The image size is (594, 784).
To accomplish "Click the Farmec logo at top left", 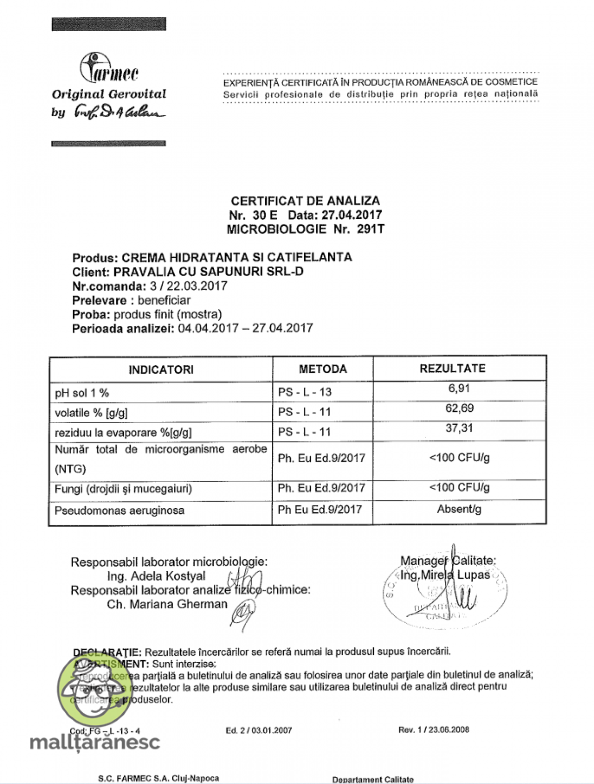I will pos(109,69).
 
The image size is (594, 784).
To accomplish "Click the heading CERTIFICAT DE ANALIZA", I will pos(305,201).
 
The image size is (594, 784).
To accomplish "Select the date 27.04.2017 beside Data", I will pos(351,215).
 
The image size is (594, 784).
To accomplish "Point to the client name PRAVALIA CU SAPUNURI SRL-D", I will pos(208,272).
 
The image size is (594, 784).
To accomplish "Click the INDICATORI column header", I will pos(161,370).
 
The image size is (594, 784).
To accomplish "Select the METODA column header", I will pos(323,369).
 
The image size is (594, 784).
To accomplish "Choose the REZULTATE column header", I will pos(452,369).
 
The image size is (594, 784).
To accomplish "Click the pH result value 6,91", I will pos(459,389).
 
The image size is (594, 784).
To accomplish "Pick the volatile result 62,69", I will pos(459,408).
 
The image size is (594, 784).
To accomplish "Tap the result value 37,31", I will pos(459,428).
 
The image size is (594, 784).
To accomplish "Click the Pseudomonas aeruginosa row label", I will pos(119,510).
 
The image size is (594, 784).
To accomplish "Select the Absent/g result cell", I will pos(459,509).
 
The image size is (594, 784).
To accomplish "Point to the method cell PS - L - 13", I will pos(304,392).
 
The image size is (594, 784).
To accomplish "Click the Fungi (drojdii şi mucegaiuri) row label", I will pos(123,489).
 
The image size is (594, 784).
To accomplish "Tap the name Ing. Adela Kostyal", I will pos(156,576).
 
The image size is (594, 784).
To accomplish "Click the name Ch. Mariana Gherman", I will pos(167,604).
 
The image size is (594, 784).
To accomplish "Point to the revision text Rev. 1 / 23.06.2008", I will pos(434,730).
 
